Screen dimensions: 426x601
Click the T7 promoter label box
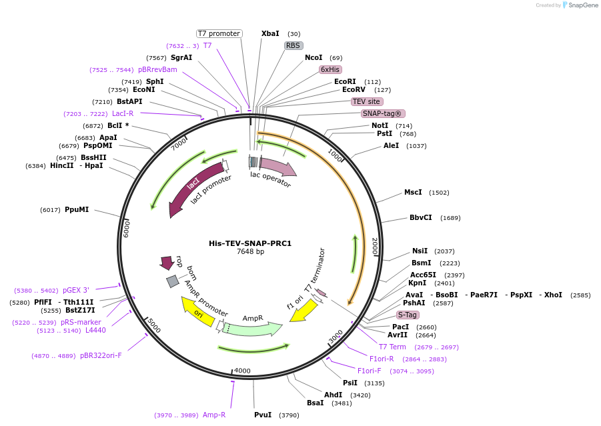219,33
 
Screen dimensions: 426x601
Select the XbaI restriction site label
270,33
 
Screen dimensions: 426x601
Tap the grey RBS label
293,45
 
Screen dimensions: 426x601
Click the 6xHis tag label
330,69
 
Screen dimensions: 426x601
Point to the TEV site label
366,101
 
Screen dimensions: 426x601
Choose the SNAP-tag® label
383,113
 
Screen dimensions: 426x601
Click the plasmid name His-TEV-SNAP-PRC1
250,243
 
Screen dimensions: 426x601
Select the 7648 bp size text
250,252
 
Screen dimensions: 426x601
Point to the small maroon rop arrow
166,263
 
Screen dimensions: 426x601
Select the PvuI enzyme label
263,415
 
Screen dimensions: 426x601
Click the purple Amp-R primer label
214,415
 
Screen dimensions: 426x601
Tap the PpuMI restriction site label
77,209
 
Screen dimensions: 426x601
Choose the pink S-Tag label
408,315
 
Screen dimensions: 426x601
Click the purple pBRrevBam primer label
157,69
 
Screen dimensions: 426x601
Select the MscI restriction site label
413,192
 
